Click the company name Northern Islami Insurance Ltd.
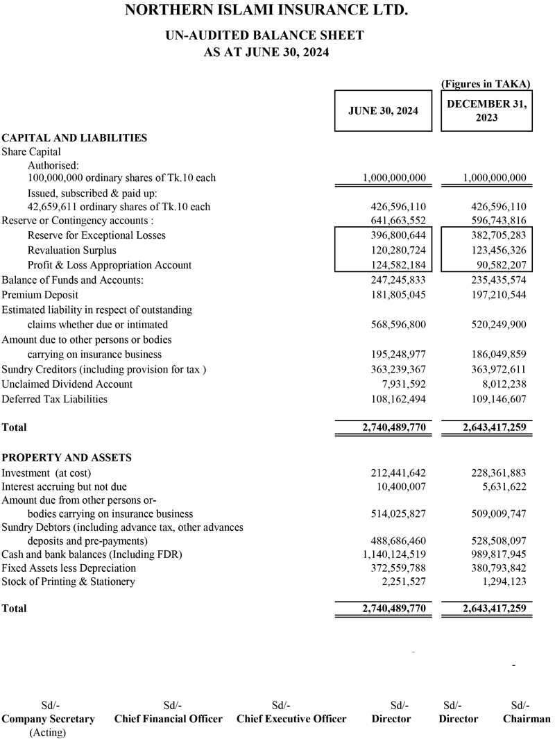pos(264,11)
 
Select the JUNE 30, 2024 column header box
pos(383,110)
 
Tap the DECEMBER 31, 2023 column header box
pos(486,110)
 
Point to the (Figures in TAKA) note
pos(486,83)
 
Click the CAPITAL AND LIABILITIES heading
pos(74,137)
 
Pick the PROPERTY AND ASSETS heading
pos(67,457)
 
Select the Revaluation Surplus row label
pos(72,250)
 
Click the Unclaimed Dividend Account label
pos(67,384)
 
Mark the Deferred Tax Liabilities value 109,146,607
pos(494,399)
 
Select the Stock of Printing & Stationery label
pos(68,581)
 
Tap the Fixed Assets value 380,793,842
pos(494,568)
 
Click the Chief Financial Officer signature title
pos(169,719)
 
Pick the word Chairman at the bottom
pos(526,719)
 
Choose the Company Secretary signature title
pos(48,719)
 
